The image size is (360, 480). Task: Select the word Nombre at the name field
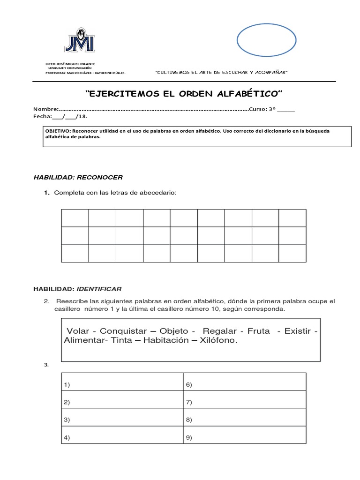click(x=44, y=109)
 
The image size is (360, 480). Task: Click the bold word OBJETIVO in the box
click(x=58, y=131)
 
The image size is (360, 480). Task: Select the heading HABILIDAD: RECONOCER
click(x=78, y=177)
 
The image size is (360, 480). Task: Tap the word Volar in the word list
click(x=78, y=331)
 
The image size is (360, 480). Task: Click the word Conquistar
click(x=122, y=331)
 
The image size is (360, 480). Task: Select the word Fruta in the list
click(x=258, y=331)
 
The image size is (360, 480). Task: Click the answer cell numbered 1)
click(x=122, y=384)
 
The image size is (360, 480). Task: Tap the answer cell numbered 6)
click(x=245, y=384)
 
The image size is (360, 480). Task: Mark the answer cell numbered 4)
click(x=122, y=437)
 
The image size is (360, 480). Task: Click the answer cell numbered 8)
click(x=245, y=420)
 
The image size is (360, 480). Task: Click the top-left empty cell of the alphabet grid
click(x=75, y=218)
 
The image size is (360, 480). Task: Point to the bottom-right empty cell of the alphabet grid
click(x=292, y=253)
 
